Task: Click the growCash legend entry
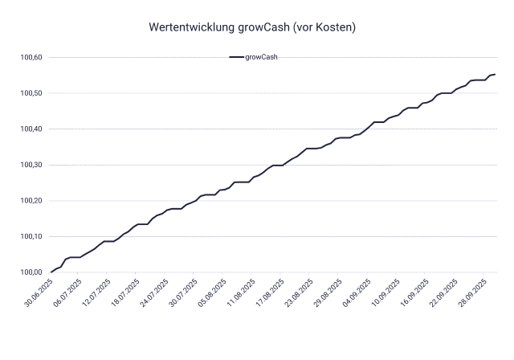253,58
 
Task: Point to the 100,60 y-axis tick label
33,58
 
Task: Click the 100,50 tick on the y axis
33,93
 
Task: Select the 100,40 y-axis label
33,129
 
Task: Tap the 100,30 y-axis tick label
33,165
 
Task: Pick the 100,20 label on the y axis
33,201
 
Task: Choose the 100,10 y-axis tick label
33,236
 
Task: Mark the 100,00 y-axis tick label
33,272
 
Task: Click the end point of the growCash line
495,74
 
